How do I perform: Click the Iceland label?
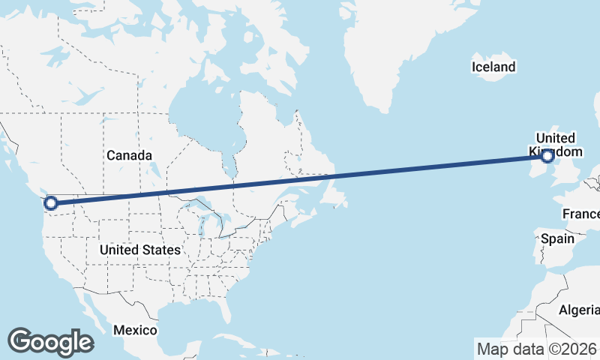tap(493, 67)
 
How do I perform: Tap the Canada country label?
tap(129, 155)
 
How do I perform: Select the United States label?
tap(139, 250)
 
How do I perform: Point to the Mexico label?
tap(135, 330)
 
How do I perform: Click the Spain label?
tap(557, 238)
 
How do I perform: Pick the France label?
tap(581, 214)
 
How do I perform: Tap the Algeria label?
tap(579, 310)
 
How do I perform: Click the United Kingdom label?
tap(556, 144)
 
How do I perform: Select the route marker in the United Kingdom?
tap(547, 156)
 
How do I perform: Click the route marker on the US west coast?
tap(51, 202)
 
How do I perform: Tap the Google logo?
tap(50, 341)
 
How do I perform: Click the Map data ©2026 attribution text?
tap(536, 349)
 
